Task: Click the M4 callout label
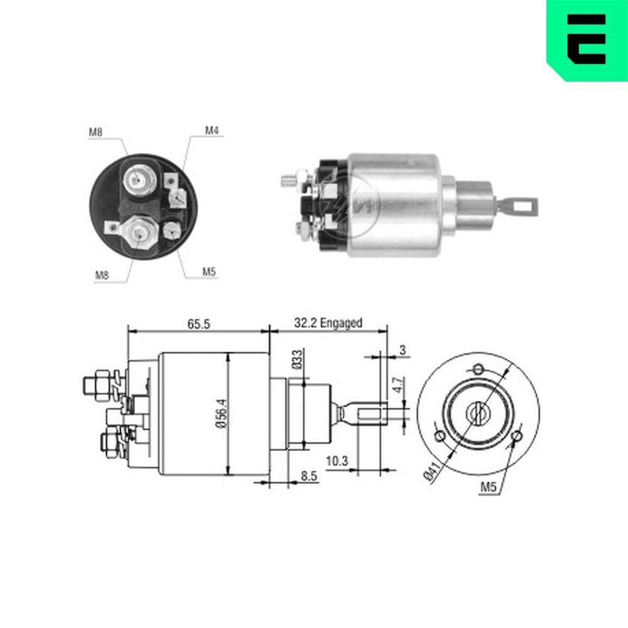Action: [212, 131]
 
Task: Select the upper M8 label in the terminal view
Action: [95, 132]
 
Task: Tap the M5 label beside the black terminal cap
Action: [209, 272]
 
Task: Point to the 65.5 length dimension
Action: [198, 323]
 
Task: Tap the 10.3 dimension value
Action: [337, 460]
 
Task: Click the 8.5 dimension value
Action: [309, 477]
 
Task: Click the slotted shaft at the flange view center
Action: [478, 413]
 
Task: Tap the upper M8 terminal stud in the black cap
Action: [137, 180]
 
